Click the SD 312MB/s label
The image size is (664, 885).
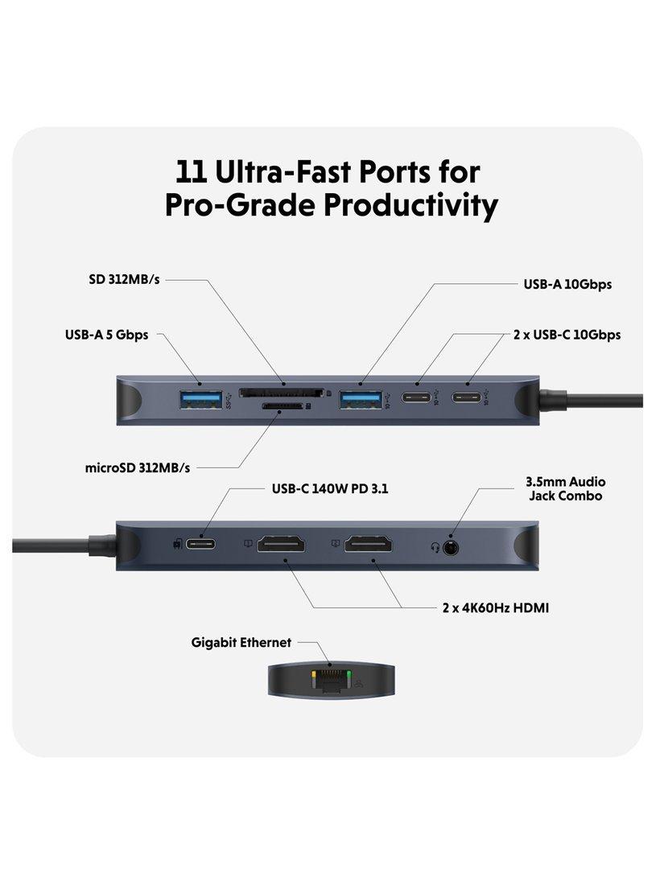(124, 279)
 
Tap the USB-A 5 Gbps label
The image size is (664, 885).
(107, 335)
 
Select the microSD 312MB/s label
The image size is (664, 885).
(137, 468)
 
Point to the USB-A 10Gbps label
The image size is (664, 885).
(567, 284)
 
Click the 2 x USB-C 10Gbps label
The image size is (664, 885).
(567, 335)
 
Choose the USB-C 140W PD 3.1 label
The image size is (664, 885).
(330, 489)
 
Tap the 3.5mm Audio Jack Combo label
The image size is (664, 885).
(565, 489)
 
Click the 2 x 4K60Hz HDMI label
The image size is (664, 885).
(496, 608)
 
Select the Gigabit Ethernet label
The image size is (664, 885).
(241, 642)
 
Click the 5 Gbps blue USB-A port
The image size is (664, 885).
(201, 399)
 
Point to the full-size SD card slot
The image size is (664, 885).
(282, 393)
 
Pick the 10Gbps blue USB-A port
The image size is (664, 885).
(361, 399)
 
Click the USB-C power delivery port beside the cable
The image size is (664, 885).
(200, 545)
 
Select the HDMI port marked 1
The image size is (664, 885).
(281, 544)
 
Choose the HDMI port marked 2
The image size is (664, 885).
(369, 544)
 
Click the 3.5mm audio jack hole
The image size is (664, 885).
(450, 546)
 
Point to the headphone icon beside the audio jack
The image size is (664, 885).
(435, 547)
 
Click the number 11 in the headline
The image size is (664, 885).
(191, 171)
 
